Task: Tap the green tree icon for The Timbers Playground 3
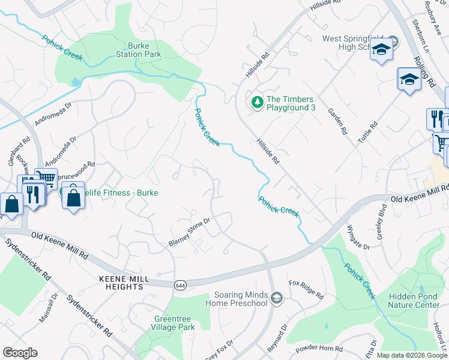point(258,103)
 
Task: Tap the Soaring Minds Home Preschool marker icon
point(276,298)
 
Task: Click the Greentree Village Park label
point(175,323)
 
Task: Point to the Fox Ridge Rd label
point(306,289)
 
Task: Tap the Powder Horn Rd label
point(318,348)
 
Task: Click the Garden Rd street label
point(337,121)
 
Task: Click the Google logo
point(20,353)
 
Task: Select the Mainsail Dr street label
point(47,308)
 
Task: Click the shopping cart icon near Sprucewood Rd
point(46,178)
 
